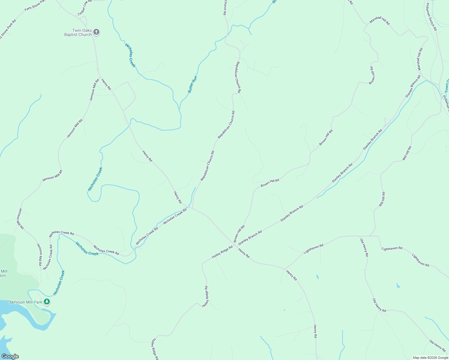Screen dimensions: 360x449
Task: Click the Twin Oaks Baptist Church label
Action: (78, 32)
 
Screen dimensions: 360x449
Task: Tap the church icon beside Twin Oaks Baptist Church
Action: (96, 32)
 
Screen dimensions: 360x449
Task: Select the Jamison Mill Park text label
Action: (26, 302)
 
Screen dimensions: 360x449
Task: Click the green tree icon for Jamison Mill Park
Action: (47, 301)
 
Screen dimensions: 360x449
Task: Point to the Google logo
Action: (10, 356)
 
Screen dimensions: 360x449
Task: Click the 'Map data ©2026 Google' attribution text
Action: (430, 357)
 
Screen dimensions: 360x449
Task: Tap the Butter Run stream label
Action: (192, 84)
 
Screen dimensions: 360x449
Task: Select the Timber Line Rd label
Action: (84, 8)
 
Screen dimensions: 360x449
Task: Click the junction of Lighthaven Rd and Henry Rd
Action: (285, 268)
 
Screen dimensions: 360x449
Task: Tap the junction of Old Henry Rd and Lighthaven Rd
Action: (360, 236)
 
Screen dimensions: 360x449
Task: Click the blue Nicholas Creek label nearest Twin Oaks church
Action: (130, 55)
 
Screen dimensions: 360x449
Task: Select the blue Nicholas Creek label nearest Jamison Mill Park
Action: (59, 283)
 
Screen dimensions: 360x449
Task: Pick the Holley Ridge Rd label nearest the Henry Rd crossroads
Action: (222, 252)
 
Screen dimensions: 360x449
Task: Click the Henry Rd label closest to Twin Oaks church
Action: (106, 84)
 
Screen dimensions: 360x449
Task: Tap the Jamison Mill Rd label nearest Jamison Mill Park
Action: (40, 255)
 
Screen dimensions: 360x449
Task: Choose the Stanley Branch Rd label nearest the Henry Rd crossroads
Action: (250, 236)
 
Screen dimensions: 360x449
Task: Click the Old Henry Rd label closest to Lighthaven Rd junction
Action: (364, 247)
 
